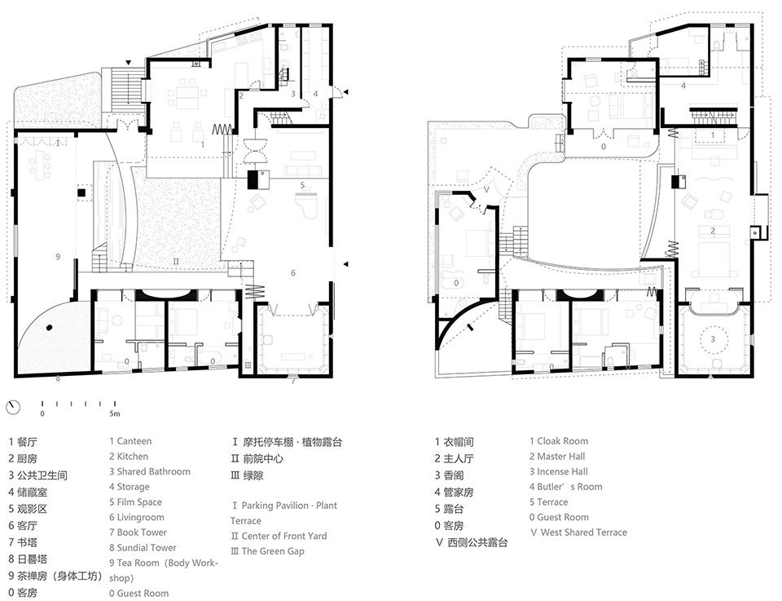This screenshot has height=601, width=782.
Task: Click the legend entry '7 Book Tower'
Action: click(x=138, y=533)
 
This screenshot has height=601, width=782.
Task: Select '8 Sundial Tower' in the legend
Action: click(x=143, y=548)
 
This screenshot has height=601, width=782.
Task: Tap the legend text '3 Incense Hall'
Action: click(x=558, y=471)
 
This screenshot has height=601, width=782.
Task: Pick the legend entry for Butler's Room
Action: click(x=565, y=487)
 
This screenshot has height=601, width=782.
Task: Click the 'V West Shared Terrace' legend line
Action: click(x=578, y=533)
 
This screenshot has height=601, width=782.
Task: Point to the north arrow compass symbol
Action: click(x=12, y=406)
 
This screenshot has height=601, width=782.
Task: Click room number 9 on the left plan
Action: click(x=58, y=257)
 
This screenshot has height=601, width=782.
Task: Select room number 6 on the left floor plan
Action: click(x=294, y=273)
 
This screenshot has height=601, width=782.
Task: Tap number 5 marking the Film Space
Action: click(x=302, y=186)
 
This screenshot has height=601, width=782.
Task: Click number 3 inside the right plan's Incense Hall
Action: click(x=712, y=338)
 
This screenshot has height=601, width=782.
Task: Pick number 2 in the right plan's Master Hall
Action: click(x=713, y=232)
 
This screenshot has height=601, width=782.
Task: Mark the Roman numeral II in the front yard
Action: click(x=175, y=261)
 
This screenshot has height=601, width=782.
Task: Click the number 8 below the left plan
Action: click(x=58, y=378)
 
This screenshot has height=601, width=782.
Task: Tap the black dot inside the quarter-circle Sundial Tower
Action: click(x=50, y=328)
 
